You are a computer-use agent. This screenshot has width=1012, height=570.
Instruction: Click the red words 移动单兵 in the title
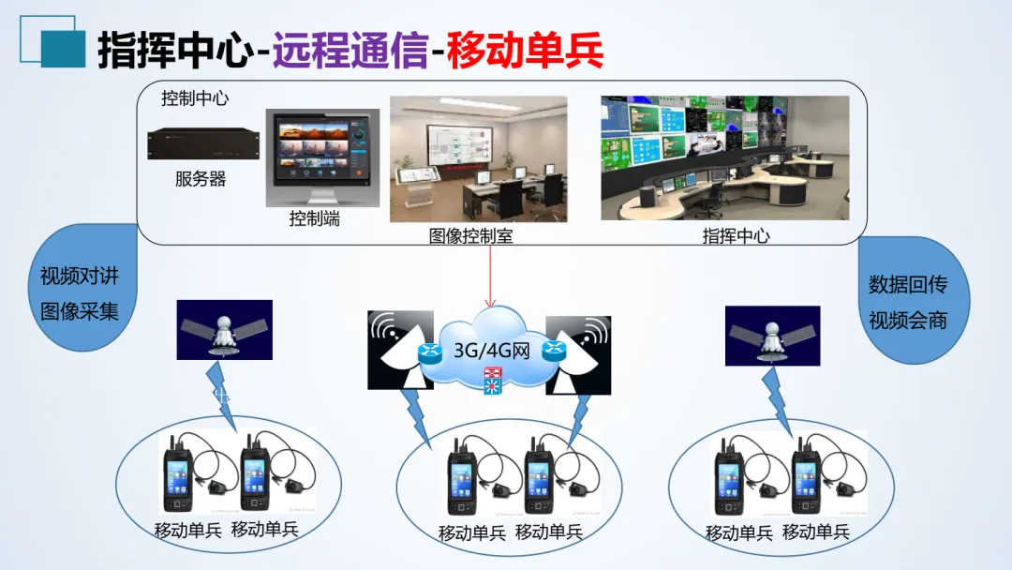(525, 50)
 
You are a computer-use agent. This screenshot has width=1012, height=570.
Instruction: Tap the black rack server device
(202, 142)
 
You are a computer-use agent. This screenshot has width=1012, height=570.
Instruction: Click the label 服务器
(201, 179)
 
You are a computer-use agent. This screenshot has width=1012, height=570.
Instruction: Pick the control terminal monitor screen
(322, 150)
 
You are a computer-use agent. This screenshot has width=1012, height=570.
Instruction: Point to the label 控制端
(315, 219)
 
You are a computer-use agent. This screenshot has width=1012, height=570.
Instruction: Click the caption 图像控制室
(471, 236)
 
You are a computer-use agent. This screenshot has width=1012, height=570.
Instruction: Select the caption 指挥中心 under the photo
(736, 236)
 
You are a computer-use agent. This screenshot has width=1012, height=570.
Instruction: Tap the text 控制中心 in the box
(195, 97)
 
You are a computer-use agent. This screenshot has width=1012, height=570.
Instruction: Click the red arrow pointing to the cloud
(489, 277)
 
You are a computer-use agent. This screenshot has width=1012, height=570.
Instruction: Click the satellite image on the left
(225, 330)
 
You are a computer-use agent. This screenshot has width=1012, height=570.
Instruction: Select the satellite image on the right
(773, 335)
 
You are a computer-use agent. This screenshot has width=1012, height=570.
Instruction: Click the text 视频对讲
(80, 277)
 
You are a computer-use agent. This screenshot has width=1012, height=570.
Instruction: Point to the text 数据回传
(908, 284)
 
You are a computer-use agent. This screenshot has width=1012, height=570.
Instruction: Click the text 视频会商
(908, 320)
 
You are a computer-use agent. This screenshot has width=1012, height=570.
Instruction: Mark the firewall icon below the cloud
(493, 380)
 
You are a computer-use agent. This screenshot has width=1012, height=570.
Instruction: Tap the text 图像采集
(80, 311)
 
